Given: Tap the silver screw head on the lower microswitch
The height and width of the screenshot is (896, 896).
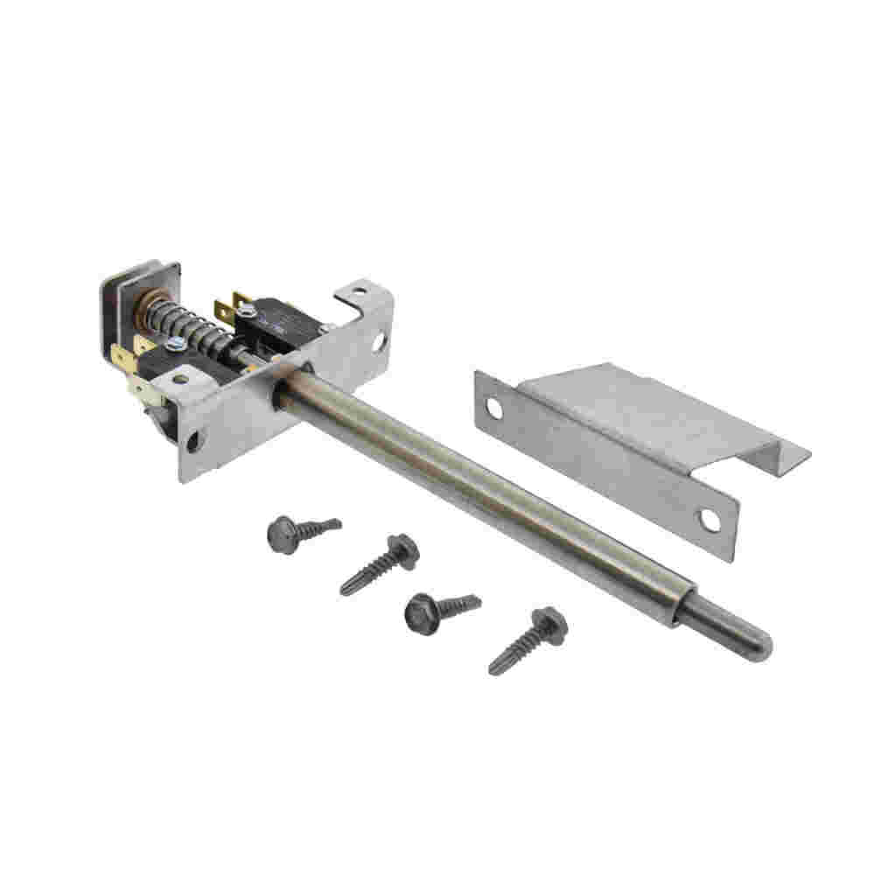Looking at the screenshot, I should [172, 347].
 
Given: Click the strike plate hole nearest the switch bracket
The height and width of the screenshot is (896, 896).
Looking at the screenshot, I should [494, 408].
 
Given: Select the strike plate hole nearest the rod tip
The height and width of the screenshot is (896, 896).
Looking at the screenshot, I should [709, 521].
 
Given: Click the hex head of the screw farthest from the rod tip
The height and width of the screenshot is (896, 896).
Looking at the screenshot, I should [283, 532].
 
